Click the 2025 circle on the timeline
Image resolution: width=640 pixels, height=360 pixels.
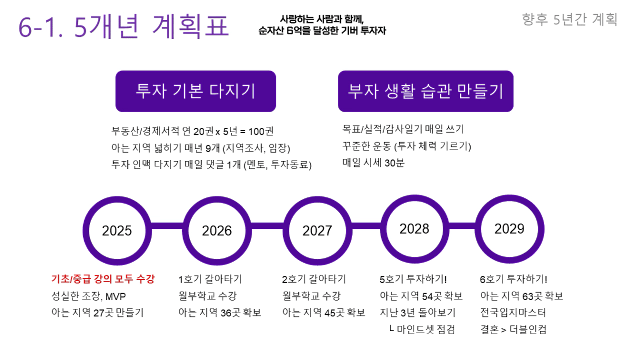tap(117, 231)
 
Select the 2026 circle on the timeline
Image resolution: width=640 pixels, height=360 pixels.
tap(217, 231)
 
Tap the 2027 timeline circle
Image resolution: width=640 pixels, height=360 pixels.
tap(317, 231)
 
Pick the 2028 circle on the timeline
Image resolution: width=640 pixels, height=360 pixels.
tap(414, 229)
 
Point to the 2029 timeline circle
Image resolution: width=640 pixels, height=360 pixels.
tap(509, 228)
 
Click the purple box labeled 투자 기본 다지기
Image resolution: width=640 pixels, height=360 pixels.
tap(195, 91)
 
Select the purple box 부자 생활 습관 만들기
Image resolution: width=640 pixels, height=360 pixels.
tap(425, 91)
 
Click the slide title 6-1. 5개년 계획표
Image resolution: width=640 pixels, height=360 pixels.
tap(124, 26)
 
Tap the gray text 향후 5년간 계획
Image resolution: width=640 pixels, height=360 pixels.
tap(569, 19)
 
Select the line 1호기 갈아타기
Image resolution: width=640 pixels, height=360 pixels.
tap(210, 279)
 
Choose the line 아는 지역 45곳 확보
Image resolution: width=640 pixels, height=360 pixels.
tap(324, 313)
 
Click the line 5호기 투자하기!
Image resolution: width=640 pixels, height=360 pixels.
tap(413, 279)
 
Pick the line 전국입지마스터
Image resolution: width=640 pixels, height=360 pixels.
tap(513, 313)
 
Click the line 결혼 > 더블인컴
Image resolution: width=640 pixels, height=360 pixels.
tap(513, 330)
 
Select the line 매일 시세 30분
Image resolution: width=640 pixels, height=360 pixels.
tap(373, 163)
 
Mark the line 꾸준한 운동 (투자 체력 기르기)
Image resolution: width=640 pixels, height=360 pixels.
tap(406, 146)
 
